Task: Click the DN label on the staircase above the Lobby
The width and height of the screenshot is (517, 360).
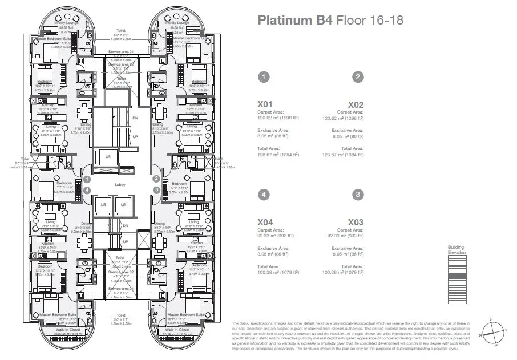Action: coord(136,118)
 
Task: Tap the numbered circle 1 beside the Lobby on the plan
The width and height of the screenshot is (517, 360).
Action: coord(87,179)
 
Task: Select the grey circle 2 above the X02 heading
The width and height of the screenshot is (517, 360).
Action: coord(357,77)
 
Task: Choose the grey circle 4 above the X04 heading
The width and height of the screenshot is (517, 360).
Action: coord(264,194)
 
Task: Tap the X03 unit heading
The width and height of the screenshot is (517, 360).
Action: coord(356,222)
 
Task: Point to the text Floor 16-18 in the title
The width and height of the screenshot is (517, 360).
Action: coord(369,21)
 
